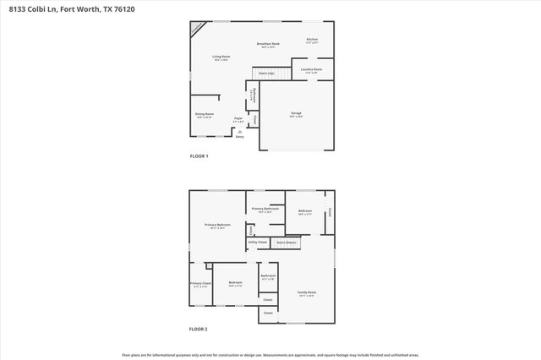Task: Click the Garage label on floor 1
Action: (x=296, y=113)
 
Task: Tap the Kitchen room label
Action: (x=312, y=40)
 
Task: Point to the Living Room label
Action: (x=221, y=57)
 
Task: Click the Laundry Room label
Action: (x=312, y=70)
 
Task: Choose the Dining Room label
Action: (x=205, y=114)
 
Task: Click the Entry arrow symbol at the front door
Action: (x=240, y=132)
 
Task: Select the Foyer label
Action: (x=238, y=119)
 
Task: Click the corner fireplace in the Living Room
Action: (x=196, y=28)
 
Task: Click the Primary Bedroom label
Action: (x=217, y=225)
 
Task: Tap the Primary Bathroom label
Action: (x=265, y=209)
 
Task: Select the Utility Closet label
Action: (x=257, y=243)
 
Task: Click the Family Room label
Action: (x=305, y=292)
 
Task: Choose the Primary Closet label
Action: (x=200, y=284)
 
